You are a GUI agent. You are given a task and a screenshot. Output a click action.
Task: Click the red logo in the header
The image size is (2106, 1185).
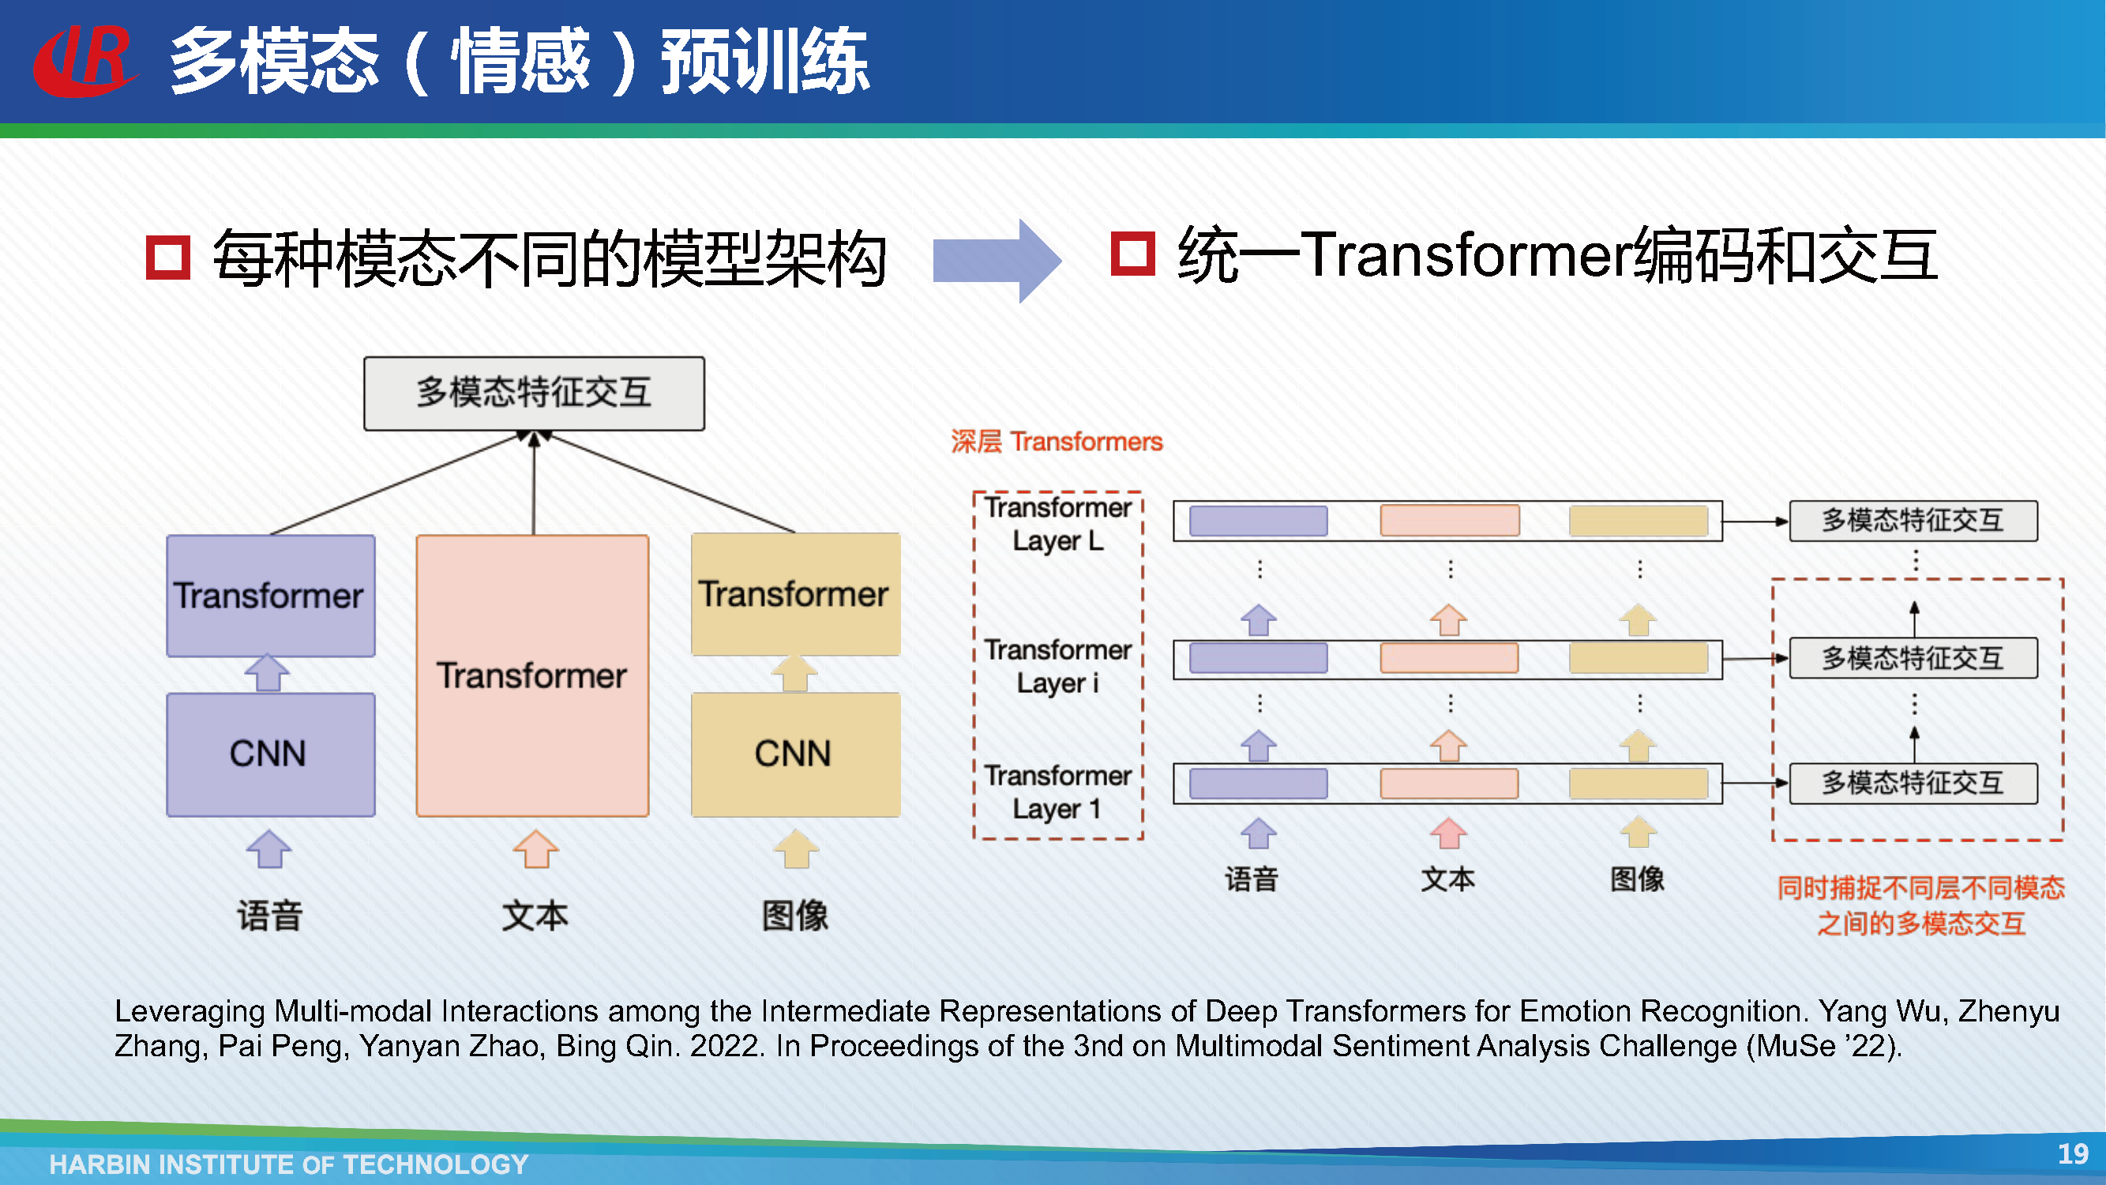click(84, 61)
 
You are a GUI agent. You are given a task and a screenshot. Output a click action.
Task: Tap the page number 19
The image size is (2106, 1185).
click(2074, 1153)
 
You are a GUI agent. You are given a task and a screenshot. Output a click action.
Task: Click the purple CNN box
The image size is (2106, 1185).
click(271, 754)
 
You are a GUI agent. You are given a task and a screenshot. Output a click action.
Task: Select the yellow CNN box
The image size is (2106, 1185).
click(795, 754)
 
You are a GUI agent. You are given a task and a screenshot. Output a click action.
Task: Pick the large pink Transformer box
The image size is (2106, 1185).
click(532, 675)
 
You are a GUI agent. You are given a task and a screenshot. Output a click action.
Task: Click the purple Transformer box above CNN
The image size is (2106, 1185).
click(271, 596)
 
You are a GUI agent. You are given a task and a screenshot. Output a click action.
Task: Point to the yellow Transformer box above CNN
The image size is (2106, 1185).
click(795, 594)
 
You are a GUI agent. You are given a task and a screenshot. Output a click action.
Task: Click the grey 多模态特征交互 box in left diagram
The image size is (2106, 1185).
click(534, 393)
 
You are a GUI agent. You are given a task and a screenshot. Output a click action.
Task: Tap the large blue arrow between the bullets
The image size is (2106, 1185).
click(997, 260)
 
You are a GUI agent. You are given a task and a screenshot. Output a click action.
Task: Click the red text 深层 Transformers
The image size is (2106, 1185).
click(1057, 442)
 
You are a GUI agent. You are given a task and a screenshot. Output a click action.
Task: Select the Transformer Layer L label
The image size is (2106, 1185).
click(1058, 525)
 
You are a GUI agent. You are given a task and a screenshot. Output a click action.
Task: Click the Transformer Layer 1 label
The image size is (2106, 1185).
click(1058, 792)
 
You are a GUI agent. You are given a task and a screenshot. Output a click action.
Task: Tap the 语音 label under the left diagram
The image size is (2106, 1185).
click(271, 915)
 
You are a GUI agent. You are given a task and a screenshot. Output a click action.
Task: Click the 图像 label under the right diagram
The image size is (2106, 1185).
click(1638, 879)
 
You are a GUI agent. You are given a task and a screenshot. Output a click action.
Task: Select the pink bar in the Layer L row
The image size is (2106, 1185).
click(1450, 520)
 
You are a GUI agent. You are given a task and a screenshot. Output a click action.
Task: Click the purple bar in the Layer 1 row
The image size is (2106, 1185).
click(1258, 784)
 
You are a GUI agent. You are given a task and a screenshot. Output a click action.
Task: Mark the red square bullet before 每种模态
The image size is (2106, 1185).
click(167, 258)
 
